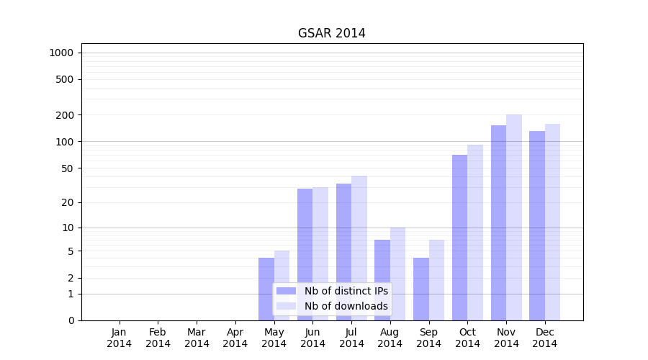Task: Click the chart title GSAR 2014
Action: click(x=331, y=34)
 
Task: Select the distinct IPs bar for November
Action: click(x=498, y=222)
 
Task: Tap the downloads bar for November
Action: click(x=514, y=217)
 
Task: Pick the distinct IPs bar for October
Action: click(x=459, y=238)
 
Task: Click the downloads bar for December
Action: click(x=552, y=222)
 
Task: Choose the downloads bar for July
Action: click(x=359, y=230)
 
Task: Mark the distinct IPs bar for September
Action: click(x=421, y=288)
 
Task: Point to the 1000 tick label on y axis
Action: click(x=61, y=53)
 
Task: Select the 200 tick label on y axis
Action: click(x=64, y=115)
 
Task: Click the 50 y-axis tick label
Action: click(x=66, y=168)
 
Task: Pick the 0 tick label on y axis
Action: click(x=71, y=320)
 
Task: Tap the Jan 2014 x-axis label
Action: click(x=120, y=338)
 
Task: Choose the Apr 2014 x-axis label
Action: click(x=235, y=338)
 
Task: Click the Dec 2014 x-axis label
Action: click(x=545, y=338)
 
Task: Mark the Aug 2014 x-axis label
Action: click(x=390, y=338)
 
